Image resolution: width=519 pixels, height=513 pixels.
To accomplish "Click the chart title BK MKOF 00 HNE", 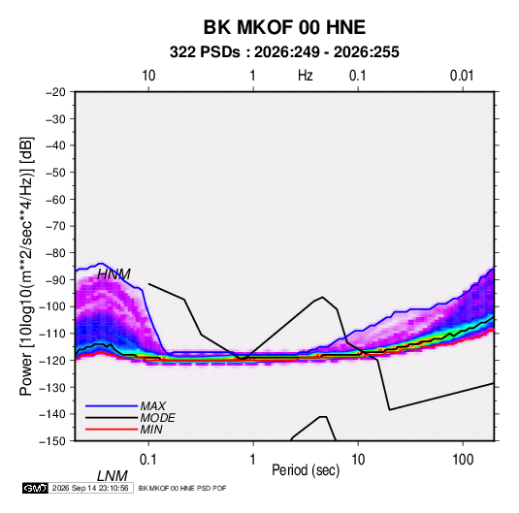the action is click(284, 27).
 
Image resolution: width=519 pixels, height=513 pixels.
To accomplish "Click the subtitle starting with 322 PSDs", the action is click(284, 52).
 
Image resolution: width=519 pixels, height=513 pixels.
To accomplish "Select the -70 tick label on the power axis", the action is click(55, 226).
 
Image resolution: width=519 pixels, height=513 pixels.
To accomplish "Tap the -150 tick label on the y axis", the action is click(52, 441).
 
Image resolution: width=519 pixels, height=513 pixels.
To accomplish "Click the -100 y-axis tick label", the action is click(52, 306).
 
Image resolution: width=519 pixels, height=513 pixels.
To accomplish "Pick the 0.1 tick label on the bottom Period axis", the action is click(148, 460).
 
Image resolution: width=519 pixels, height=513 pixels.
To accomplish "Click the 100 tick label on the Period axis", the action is click(463, 460).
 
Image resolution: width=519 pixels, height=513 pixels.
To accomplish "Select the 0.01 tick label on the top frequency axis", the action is click(462, 76).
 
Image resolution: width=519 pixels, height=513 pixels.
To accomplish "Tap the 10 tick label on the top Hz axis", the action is click(148, 76).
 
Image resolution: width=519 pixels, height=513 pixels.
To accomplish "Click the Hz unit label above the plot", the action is click(306, 76).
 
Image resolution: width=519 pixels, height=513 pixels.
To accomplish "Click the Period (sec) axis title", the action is click(306, 470).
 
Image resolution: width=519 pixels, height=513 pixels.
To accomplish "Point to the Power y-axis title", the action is click(26, 267).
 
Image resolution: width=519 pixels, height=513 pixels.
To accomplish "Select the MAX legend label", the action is click(153, 406).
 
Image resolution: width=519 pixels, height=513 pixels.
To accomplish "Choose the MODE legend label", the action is click(157, 418).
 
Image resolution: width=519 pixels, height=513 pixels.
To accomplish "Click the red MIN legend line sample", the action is click(112, 430).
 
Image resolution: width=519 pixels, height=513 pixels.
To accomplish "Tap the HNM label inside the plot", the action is click(114, 274).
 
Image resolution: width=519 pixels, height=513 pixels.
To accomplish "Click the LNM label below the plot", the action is click(113, 476).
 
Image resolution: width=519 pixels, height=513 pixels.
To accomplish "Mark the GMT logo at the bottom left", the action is click(35, 488).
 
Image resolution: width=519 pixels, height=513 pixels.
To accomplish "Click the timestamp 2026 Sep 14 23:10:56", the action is click(90, 488).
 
